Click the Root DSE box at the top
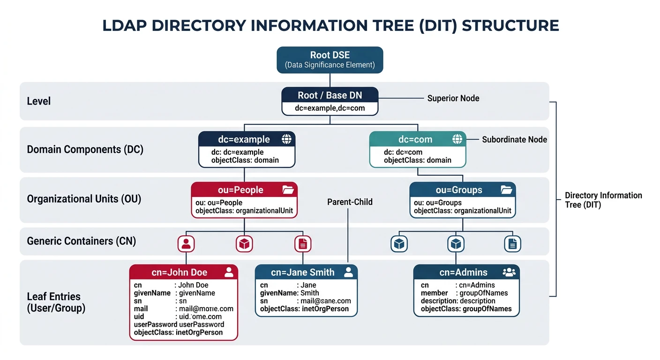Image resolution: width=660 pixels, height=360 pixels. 330,60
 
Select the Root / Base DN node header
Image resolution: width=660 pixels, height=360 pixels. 330,96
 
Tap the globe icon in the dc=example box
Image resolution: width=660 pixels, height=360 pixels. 286,139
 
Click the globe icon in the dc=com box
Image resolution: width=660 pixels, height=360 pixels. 457,139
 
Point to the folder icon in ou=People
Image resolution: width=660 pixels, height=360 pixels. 288,190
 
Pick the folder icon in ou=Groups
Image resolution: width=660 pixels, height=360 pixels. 506,190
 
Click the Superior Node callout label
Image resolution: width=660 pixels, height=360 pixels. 453,98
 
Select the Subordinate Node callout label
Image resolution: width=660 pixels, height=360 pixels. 514,140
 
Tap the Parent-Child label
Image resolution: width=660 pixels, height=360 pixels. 350,202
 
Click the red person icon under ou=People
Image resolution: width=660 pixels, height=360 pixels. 187,244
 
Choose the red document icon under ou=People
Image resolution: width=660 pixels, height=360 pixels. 303,244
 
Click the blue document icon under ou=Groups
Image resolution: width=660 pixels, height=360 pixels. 512,244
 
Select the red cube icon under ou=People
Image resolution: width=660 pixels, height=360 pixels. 244,244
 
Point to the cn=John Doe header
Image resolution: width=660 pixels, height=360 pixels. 180,272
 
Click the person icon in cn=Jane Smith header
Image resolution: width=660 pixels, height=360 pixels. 348,272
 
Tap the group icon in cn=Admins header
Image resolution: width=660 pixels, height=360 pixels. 509,272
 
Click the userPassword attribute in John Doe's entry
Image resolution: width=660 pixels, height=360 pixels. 155,324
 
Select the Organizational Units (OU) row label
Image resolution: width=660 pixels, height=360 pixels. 84,199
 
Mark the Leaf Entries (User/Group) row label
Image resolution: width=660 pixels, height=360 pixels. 56,302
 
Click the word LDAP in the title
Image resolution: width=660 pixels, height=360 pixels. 124,25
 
